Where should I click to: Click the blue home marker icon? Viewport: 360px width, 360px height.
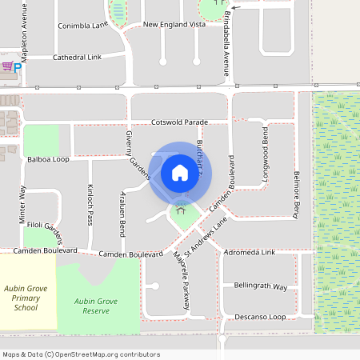[180, 173]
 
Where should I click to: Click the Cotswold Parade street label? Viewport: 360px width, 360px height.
[179, 122]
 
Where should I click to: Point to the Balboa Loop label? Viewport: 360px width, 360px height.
[49, 159]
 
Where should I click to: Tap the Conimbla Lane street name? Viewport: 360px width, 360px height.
[82, 26]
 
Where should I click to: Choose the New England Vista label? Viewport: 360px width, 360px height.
[174, 25]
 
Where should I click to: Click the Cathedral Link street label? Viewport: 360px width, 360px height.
[78, 58]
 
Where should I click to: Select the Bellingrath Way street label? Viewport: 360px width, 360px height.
[260, 286]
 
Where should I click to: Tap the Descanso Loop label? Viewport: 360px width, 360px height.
[260, 318]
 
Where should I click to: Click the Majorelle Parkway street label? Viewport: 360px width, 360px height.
[181, 282]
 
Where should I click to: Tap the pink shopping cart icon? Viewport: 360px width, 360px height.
[6, 66]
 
